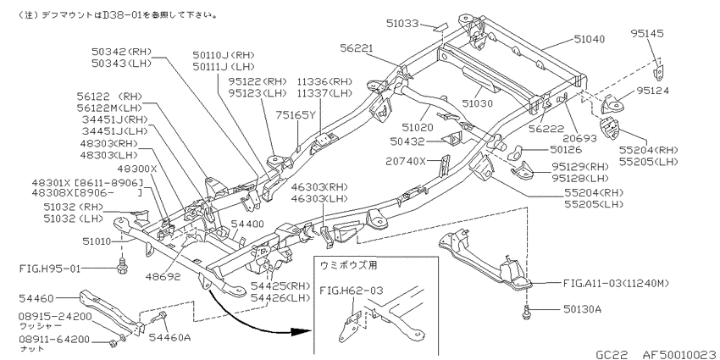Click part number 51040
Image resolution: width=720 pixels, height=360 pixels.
point(590,39)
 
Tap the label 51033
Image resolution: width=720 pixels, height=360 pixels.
point(402,23)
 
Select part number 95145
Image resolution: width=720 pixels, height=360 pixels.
point(647,33)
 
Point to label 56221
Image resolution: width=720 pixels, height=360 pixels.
point(357,47)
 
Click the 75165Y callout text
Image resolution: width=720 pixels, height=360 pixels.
point(296,115)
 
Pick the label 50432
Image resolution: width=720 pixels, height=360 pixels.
point(407,142)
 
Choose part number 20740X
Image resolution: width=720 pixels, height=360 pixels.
point(407,161)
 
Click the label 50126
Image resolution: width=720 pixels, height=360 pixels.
point(566,149)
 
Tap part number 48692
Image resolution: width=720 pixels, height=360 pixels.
point(162,276)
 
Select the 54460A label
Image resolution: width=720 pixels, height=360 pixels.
point(169,338)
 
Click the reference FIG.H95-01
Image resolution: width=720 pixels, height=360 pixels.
point(48,268)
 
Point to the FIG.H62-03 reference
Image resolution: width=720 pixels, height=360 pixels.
point(351,290)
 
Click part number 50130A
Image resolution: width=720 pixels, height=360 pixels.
point(582,309)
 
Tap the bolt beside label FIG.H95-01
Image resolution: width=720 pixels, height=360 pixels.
point(122,266)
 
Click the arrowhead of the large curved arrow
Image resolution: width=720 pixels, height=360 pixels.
point(298,331)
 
